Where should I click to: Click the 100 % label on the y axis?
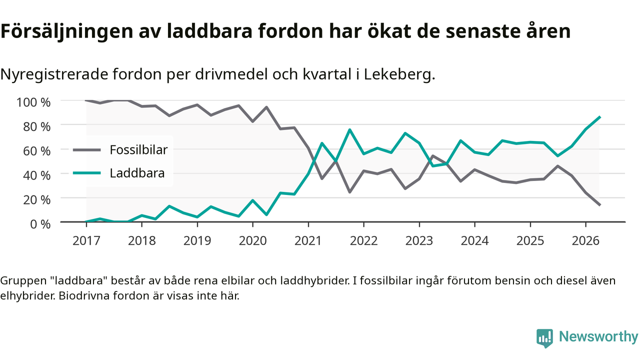(33, 102)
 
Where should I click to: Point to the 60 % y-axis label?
(36, 151)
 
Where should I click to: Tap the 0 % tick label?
(40, 224)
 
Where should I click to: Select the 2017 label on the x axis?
(86, 241)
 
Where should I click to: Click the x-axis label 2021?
(308, 241)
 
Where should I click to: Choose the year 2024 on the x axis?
(474, 241)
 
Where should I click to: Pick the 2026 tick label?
(585, 241)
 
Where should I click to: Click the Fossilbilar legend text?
(138, 149)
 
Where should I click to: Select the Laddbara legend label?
(137, 173)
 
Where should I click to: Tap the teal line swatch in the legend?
(87, 173)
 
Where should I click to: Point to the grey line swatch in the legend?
(87, 149)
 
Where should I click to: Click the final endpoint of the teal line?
(599, 117)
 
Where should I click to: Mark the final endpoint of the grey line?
(599, 205)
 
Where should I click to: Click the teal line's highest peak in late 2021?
(349, 129)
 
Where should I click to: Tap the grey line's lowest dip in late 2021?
(349, 192)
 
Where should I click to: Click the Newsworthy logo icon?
(544, 338)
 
